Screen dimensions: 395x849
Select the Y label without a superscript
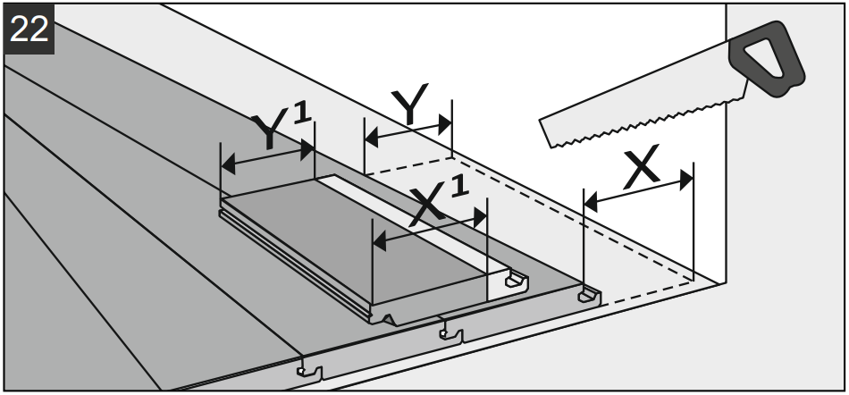coord(409,107)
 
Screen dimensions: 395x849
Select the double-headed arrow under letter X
coord(638,191)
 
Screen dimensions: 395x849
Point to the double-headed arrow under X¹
coord(429,229)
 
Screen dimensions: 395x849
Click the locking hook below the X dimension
coord(587,294)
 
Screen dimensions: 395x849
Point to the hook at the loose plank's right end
coord(515,282)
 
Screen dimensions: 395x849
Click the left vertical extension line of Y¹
coord(221,174)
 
